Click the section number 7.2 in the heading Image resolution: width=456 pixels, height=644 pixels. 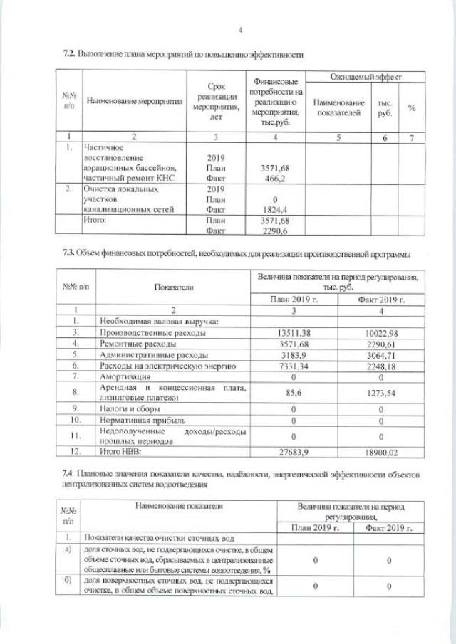(x=69, y=54)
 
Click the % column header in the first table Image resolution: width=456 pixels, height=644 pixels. (x=412, y=107)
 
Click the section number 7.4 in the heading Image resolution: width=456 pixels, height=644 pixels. (x=69, y=473)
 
